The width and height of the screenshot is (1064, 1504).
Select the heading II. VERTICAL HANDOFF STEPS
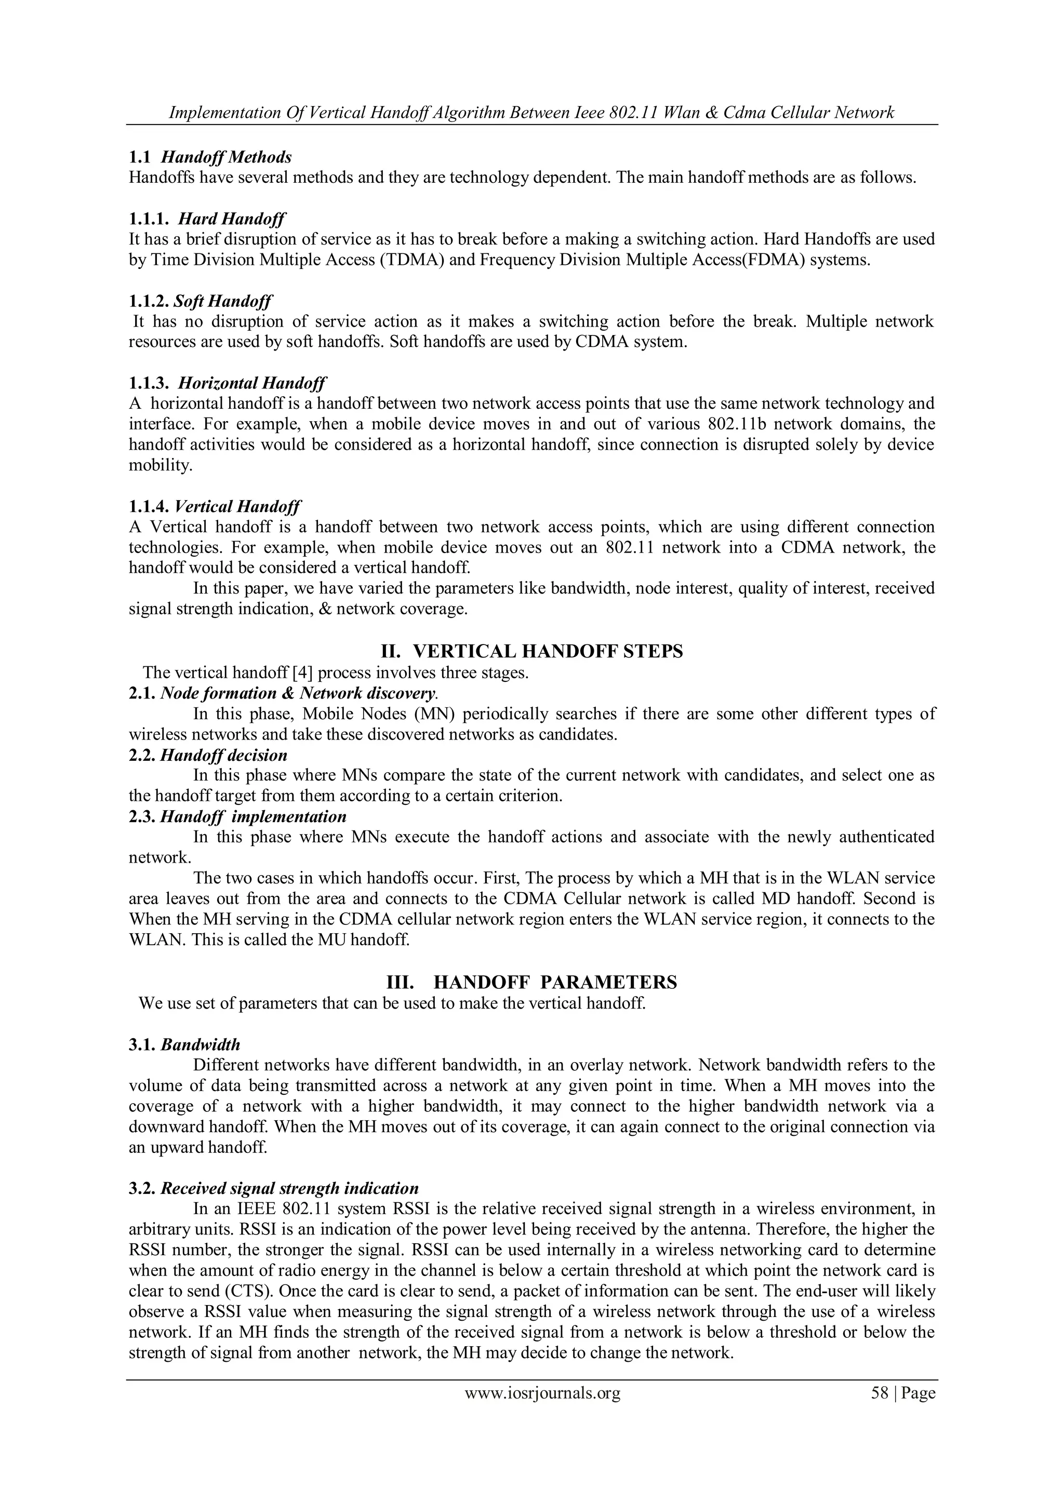point(531,651)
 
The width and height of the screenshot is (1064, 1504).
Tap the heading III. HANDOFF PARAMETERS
point(531,982)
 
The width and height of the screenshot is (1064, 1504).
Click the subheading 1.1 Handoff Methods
point(210,157)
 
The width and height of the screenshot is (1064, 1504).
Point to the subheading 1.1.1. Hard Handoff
point(207,218)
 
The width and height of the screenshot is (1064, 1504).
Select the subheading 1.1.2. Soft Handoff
point(201,301)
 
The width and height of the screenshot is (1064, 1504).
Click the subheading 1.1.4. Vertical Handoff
point(215,506)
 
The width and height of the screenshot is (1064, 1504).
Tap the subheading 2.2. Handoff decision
point(208,755)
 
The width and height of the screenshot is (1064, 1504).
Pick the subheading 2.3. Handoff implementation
point(237,817)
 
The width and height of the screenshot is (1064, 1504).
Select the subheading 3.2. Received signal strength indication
point(273,1188)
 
